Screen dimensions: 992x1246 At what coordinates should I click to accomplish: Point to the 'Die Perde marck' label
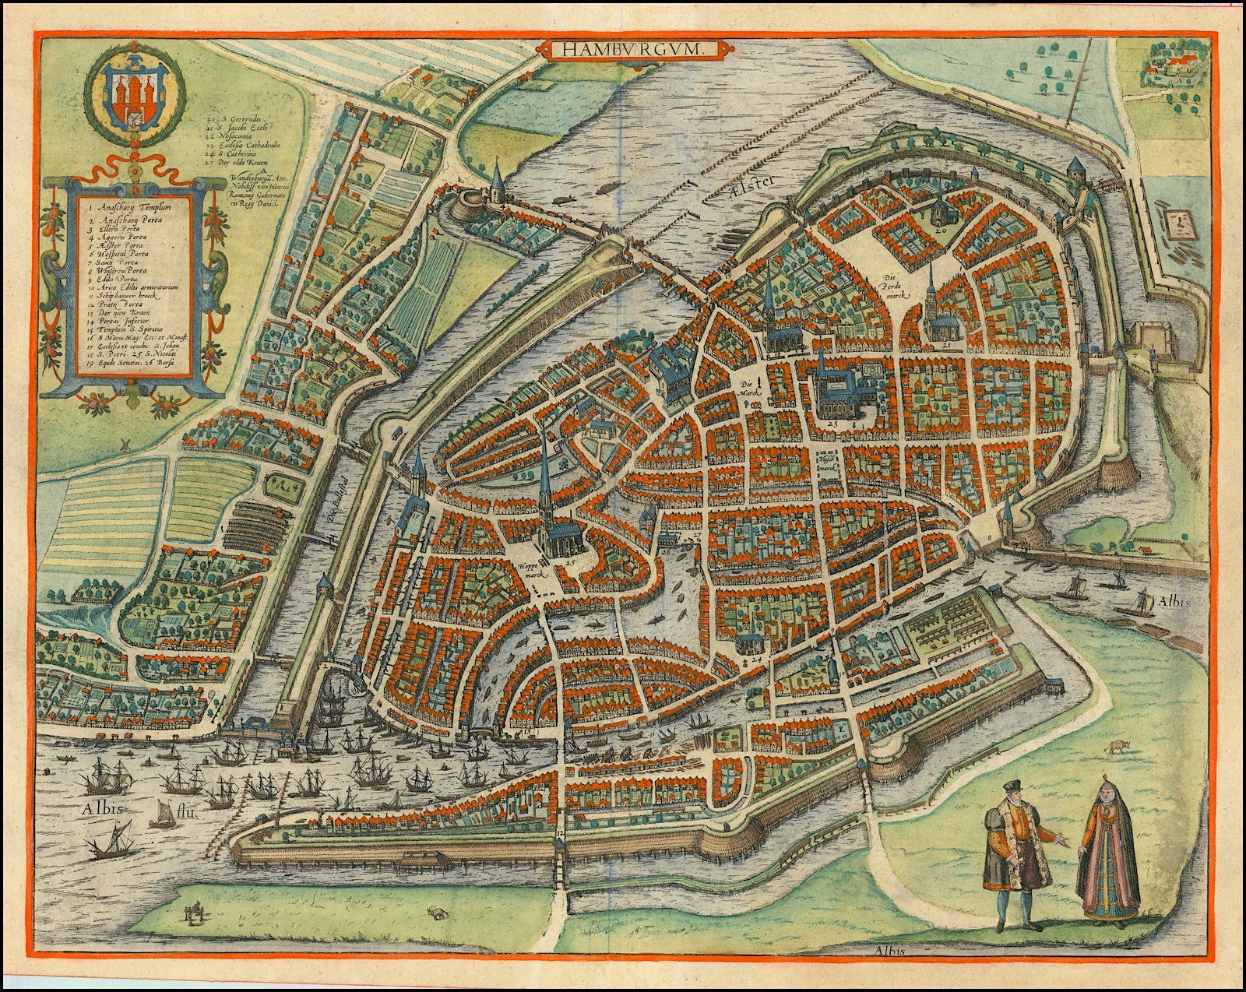(891, 285)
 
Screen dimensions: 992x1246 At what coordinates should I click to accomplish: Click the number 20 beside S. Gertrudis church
(941, 230)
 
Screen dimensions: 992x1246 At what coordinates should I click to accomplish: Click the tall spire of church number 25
(543, 475)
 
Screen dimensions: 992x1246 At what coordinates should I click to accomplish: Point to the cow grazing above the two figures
(1118, 745)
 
